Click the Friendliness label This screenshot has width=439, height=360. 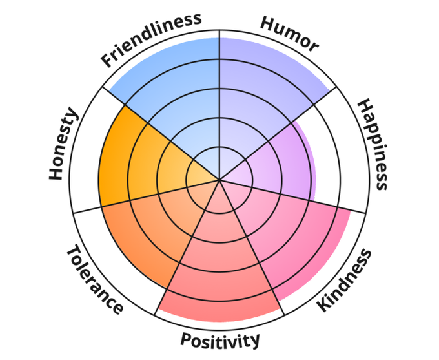click(x=151, y=39)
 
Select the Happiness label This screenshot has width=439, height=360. click(x=373, y=144)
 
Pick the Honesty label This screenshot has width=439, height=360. click(x=64, y=145)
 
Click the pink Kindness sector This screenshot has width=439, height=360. click(x=291, y=233)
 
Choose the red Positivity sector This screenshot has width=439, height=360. click(x=219, y=271)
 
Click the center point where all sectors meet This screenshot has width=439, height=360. click(x=219, y=180)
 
